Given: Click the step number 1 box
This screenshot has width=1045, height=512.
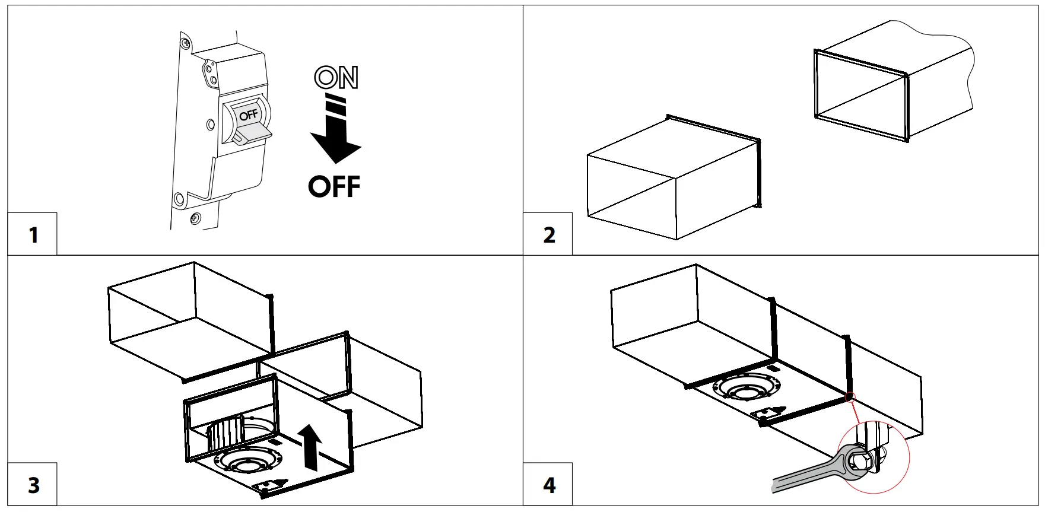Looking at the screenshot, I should (33, 234).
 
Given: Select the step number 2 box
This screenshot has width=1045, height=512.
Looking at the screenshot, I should (548, 234).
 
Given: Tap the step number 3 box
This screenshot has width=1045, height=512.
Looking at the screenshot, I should (33, 485).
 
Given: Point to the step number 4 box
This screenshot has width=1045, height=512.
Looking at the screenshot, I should (548, 485).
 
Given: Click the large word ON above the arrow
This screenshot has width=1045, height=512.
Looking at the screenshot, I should (336, 77).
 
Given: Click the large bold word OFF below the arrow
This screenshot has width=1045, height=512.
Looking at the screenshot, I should (334, 187).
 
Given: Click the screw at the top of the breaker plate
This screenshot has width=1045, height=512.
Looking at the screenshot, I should (186, 43).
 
